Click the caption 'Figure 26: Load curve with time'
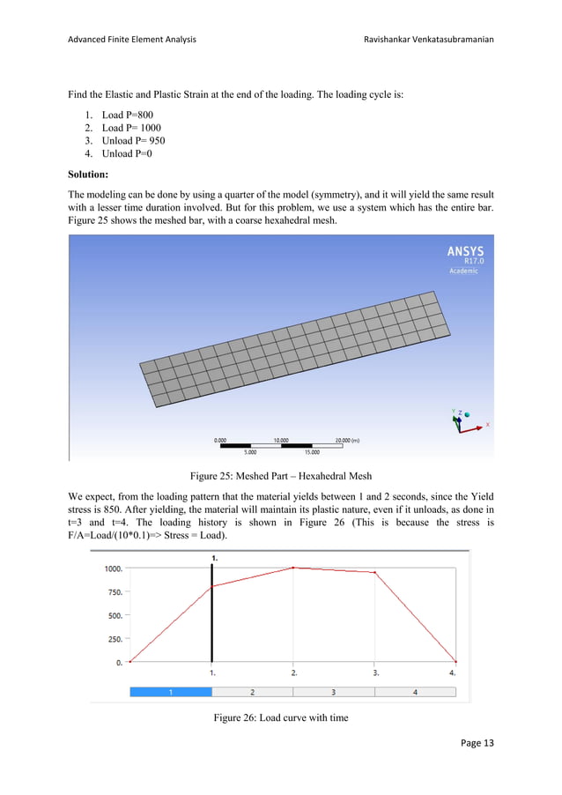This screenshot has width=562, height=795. tap(280, 717)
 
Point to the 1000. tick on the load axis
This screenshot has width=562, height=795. tap(110, 568)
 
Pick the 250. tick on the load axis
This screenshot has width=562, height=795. tap(112, 639)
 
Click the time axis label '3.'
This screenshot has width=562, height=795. tap(376, 672)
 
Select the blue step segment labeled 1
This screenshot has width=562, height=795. tap(171, 692)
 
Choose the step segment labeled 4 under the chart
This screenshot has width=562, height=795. tap(416, 692)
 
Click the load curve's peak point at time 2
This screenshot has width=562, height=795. tap(294, 568)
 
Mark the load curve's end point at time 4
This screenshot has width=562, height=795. tap(456, 661)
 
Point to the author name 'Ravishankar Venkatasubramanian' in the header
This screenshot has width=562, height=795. tap(427, 40)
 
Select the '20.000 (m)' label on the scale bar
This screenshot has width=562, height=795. tap(354, 438)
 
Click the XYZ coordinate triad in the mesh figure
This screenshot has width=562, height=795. tap(460, 420)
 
